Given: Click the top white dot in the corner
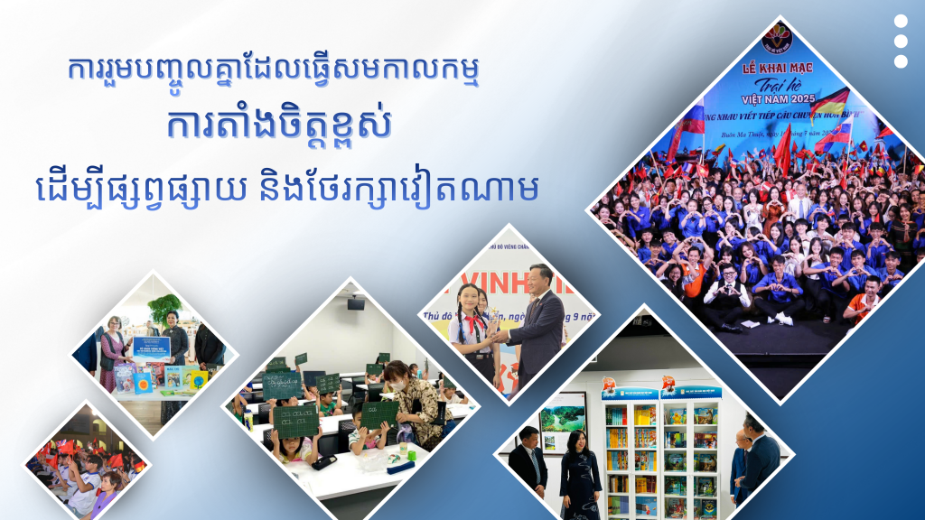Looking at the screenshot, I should (x=901, y=22).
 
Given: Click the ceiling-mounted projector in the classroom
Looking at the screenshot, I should (x=355, y=303).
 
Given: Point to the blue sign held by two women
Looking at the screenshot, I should (x=151, y=346).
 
